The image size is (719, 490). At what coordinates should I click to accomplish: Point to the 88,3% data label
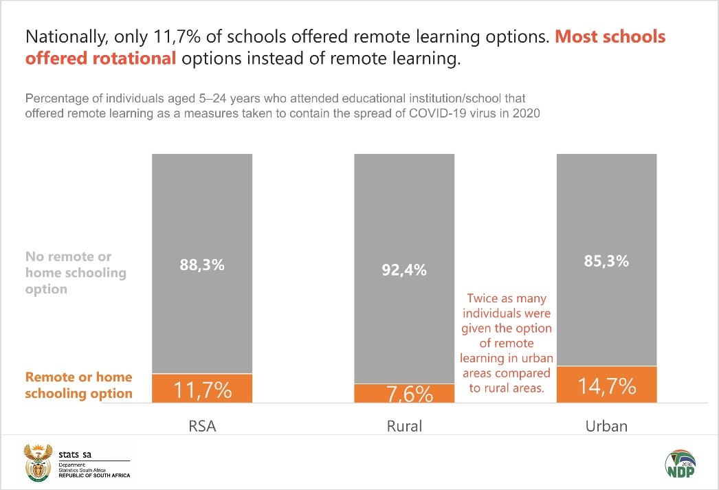202,265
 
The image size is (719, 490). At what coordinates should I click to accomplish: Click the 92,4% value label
404,270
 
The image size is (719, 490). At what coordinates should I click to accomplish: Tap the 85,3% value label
606,261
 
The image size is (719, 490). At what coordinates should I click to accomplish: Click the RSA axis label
202,426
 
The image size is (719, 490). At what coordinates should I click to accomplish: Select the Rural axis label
404,426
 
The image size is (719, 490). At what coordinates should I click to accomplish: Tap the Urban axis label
606,426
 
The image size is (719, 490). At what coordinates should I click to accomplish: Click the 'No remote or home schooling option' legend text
76,273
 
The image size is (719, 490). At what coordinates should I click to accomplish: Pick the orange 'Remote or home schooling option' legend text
78,386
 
